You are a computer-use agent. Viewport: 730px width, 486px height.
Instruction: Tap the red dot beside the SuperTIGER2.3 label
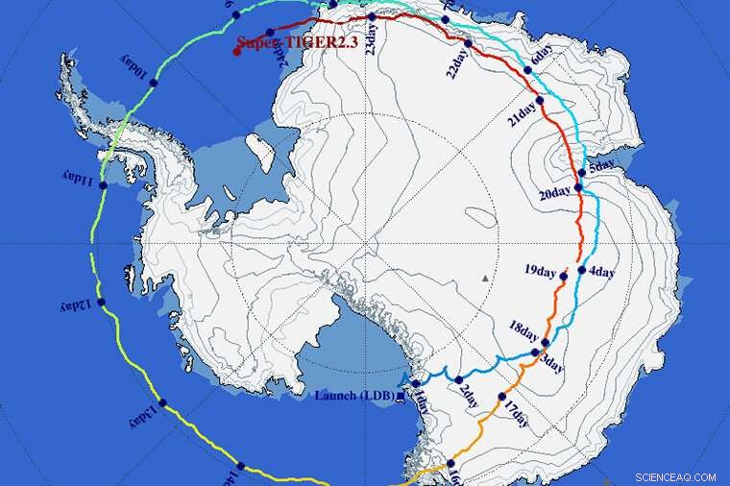236,51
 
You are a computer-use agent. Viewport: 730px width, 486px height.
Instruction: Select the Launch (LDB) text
352,395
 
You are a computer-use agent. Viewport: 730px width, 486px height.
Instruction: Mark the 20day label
555,193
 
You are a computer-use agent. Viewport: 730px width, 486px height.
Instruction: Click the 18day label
524,330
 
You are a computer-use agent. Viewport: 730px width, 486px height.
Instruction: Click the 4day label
601,272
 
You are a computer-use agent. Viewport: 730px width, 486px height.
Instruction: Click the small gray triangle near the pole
485,279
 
